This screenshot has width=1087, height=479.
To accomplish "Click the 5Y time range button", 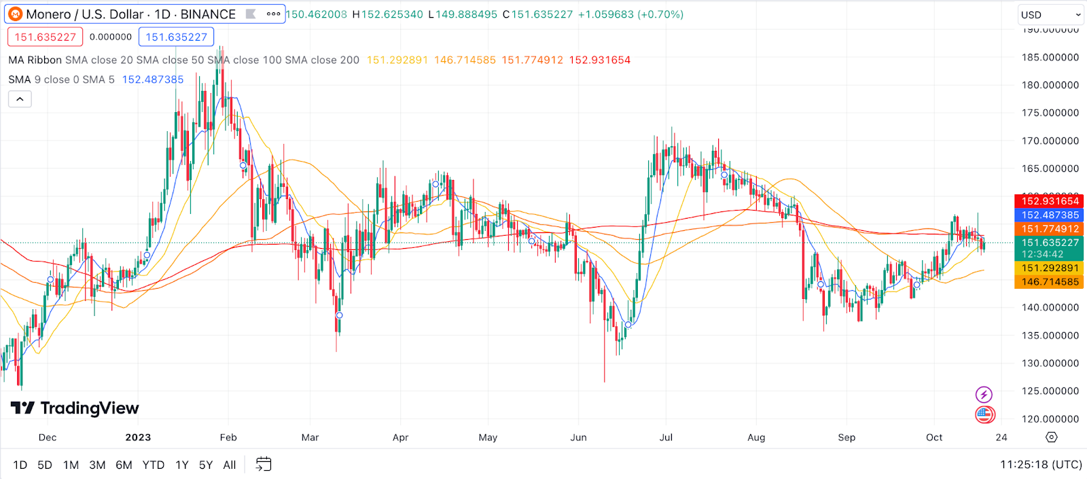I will tap(205, 465).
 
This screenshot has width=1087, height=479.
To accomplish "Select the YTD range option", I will tap(154, 465).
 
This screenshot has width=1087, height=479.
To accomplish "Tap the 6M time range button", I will tap(124, 465).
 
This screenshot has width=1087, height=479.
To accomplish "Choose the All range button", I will tap(230, 465).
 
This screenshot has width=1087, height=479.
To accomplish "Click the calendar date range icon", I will tap(264, 465).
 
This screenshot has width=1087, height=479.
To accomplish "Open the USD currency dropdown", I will tap(1050, 14).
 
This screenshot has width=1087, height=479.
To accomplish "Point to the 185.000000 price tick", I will tap(1050, 58).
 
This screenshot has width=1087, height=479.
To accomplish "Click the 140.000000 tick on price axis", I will tap(1050, 308).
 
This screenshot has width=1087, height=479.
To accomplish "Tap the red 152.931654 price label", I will tap(1050, 201).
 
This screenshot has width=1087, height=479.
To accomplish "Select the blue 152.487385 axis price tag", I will tap(1050, 215).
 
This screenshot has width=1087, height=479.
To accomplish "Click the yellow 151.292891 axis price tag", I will tap(1050, 268).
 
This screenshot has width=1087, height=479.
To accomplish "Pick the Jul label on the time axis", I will tap(666, 438).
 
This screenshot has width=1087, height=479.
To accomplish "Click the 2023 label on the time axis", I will tap(138, 438).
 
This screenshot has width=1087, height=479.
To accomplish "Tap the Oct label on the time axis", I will tap(934, 438).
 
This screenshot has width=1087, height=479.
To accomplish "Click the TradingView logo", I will tap(75, 408).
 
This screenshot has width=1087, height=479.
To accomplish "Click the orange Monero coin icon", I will tap(15, 14).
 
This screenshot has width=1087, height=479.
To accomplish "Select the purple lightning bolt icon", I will tap(984, 395).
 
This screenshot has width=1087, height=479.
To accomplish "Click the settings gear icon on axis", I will tap(1052, 438).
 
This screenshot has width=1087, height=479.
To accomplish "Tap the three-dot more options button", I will tap(273, 14).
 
